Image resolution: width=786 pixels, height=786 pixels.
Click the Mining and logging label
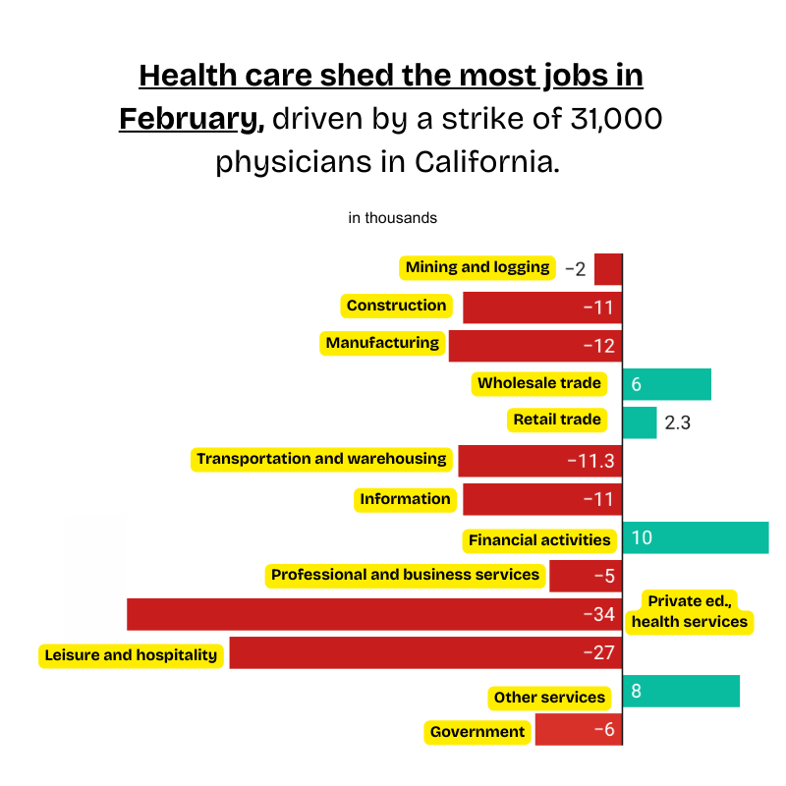point(477,267)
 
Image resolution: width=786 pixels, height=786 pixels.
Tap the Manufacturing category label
point(382,344)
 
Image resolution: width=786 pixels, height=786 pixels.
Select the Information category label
point(405,499)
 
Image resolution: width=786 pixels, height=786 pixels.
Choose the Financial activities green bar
point(696,538)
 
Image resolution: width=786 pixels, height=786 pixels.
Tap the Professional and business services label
point(405,575)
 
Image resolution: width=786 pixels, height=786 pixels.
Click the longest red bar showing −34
point(373,614)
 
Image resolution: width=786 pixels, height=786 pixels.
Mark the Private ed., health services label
point(690,611)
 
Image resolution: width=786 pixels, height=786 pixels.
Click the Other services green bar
point(681,691)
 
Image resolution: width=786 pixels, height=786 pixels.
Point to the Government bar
point(579,730)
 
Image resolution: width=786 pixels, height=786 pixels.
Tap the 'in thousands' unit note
point(392,218)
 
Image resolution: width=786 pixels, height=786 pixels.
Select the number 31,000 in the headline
point(614,119)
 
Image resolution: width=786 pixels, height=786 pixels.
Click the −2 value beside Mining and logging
point(575,269)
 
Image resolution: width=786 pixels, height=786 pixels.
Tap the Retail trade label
point(556,421)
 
